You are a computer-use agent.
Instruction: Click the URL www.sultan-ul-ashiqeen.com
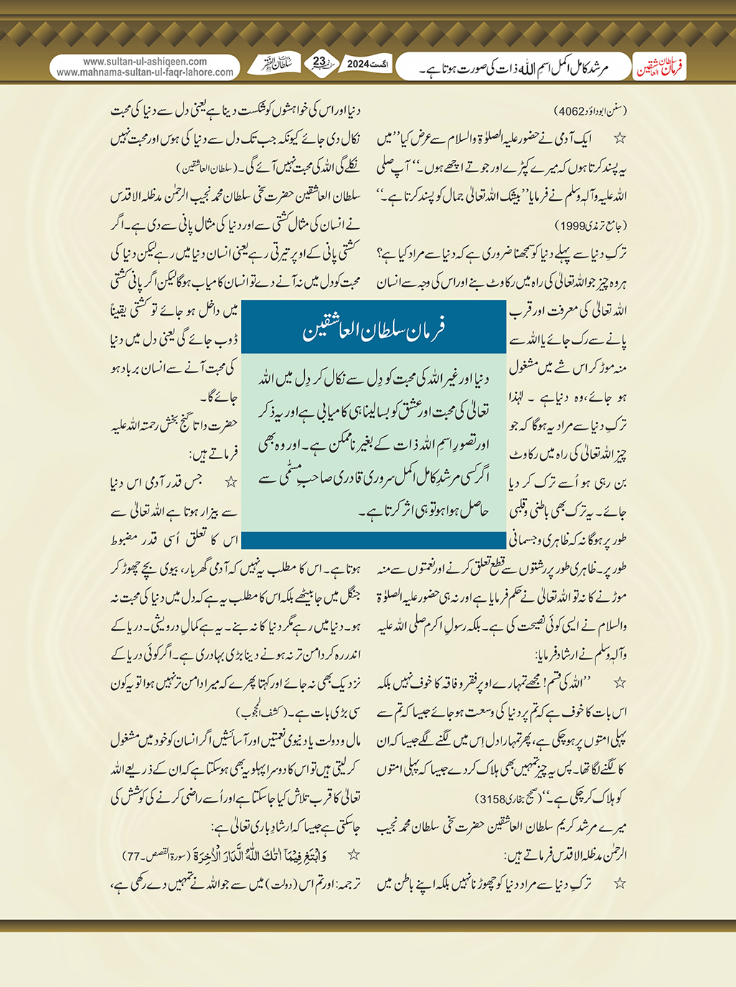145,62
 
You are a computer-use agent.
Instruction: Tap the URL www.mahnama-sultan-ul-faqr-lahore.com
145,72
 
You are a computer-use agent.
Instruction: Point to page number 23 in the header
319,62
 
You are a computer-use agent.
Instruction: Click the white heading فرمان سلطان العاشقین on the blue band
374,330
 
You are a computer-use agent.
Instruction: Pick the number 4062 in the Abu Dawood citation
571,111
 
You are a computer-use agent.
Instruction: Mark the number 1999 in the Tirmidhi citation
574,225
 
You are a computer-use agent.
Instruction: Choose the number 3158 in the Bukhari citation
492,798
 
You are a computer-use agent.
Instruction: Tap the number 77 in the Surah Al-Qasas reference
133,856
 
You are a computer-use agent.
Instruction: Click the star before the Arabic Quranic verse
353,855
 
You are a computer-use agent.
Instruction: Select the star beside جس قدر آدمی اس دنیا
231,483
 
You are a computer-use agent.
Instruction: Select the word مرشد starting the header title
595,69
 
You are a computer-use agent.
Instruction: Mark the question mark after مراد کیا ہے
379,254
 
